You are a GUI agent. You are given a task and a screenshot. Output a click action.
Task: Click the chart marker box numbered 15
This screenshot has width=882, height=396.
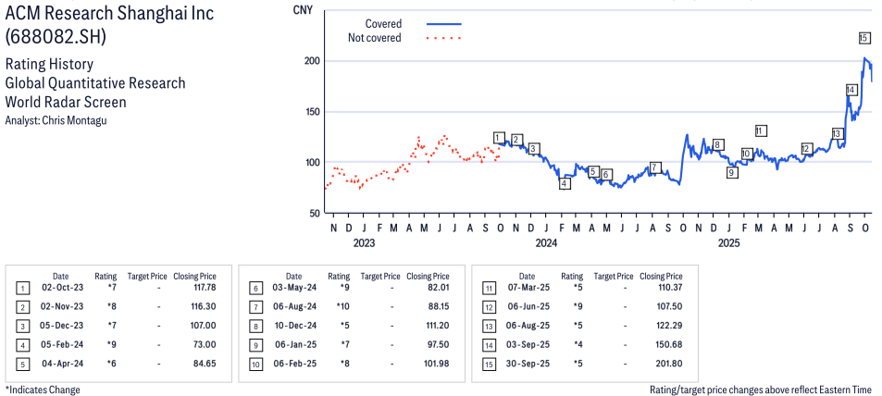863,38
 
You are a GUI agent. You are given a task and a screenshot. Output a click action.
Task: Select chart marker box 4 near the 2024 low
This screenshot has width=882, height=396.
565,183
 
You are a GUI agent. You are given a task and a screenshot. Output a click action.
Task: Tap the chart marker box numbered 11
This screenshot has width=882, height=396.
761,130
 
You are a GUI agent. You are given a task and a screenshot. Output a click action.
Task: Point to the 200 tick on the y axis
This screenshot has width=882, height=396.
313,61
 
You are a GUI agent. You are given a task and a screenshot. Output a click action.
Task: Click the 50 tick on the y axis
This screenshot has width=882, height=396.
316,213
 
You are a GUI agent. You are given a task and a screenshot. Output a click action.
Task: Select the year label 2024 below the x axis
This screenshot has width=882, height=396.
546,243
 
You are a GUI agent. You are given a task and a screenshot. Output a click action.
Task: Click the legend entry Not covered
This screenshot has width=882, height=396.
374,38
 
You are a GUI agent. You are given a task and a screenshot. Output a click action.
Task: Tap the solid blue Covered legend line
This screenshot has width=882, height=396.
443,23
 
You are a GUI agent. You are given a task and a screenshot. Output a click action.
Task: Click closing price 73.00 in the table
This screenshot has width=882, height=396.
203,343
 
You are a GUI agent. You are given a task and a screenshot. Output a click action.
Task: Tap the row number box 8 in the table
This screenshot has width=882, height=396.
255,326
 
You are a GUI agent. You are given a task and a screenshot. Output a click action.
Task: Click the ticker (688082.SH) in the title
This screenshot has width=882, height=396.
56,37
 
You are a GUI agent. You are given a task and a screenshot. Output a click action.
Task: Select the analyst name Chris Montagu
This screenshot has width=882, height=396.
55,120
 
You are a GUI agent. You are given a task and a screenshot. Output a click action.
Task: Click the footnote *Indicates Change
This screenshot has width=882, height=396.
43,390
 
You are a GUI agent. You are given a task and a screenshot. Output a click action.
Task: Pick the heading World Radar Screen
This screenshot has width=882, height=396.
66,102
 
